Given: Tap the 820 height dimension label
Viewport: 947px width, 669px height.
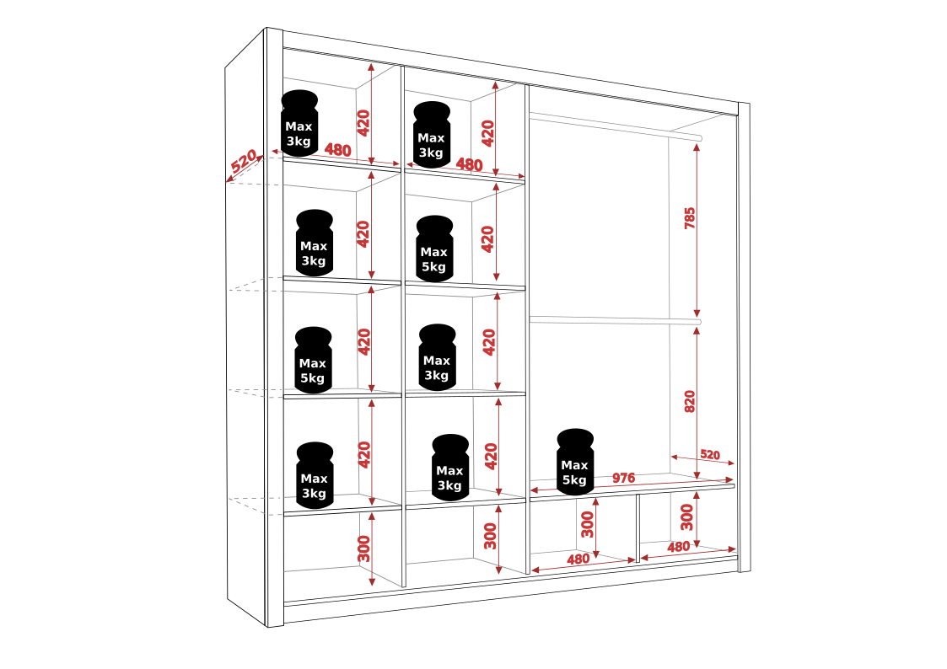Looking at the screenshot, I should click(x=690, y=401).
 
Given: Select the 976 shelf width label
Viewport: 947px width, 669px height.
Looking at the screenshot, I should click(x=623, y=479).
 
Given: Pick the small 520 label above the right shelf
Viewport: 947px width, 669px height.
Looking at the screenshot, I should click(x=710, y=455).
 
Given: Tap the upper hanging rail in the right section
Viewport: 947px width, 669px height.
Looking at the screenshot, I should click(x=616, y=124).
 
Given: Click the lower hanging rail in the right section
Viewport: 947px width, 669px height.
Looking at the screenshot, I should click(x=616, y=319).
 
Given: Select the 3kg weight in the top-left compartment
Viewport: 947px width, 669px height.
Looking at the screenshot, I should click(x=299, y=123).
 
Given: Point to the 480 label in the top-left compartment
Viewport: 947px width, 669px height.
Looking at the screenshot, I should click(x=337, y=150).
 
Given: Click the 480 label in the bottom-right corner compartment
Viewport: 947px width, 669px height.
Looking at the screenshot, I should click(x=679, y=547).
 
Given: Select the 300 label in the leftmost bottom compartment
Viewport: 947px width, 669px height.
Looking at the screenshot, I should click(x=363, y=549).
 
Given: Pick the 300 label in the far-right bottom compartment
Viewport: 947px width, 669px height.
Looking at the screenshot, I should click(x=687, y=516).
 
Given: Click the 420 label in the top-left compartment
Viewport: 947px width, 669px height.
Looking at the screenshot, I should click(x=363, y=123).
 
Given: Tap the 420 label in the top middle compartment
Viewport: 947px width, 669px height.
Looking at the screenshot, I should click(x=487, y=133).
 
